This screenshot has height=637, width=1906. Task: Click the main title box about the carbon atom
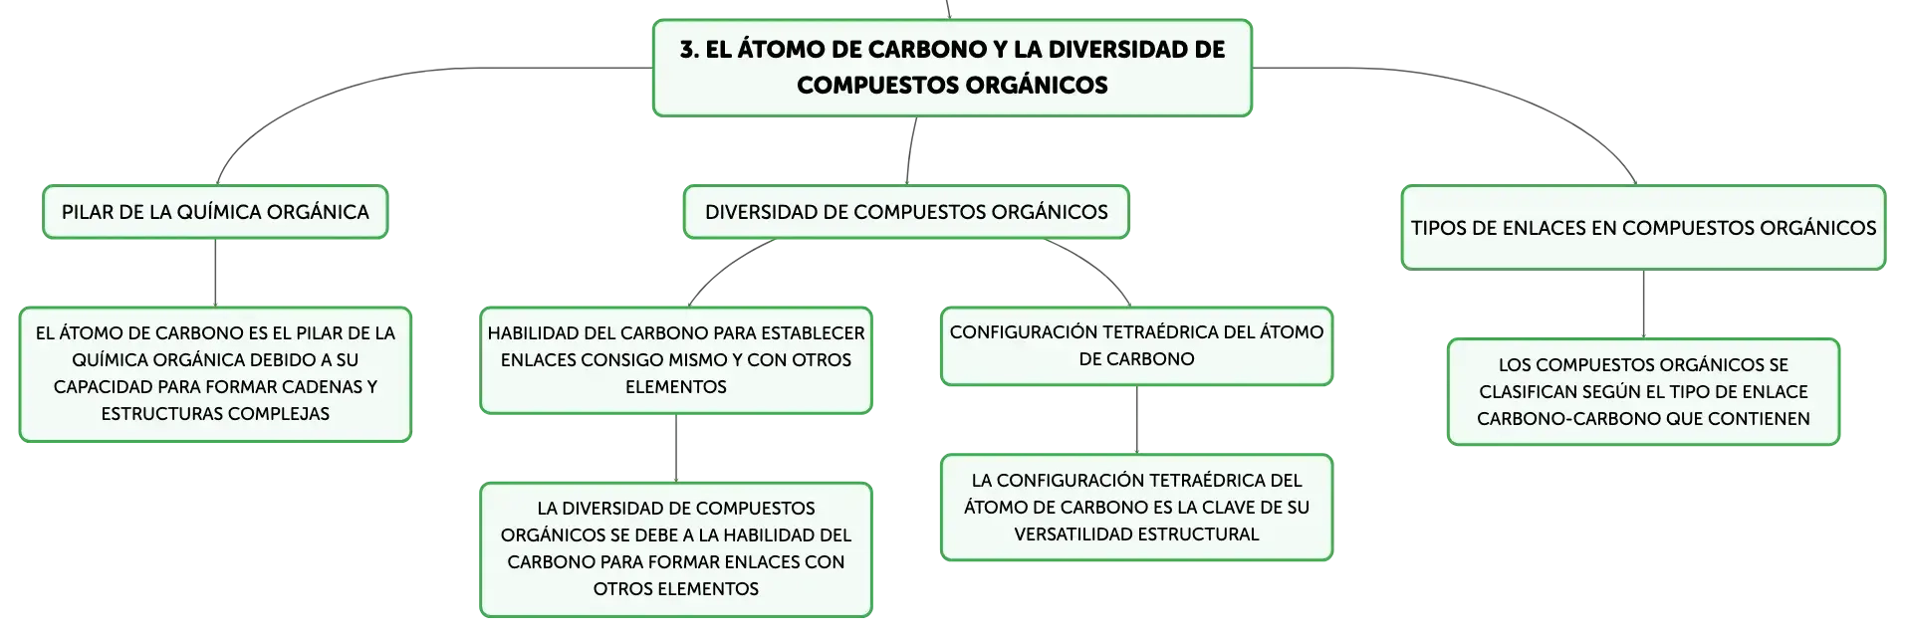(952, 68)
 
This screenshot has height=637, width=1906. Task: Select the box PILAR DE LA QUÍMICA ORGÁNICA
(215, 212)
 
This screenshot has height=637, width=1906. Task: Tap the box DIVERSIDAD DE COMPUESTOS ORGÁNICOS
(906, 212)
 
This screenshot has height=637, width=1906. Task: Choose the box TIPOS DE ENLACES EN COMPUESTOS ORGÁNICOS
(1643, 228)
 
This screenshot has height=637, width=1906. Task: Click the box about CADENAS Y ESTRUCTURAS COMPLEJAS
(215, 374)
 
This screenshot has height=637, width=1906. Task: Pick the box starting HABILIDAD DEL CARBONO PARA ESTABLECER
(676, 360)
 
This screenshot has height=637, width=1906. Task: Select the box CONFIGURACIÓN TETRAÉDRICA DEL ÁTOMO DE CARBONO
(1136, 346)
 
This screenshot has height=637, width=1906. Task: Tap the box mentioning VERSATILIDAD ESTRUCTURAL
(1136, 508)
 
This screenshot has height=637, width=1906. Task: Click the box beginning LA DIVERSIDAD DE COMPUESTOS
(676, 549)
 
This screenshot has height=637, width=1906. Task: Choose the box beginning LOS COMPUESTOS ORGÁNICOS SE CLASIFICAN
(1643, 392)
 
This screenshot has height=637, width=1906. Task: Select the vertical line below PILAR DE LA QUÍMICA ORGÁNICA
(215, 273)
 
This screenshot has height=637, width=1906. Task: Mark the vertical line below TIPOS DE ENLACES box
(1643, 305)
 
